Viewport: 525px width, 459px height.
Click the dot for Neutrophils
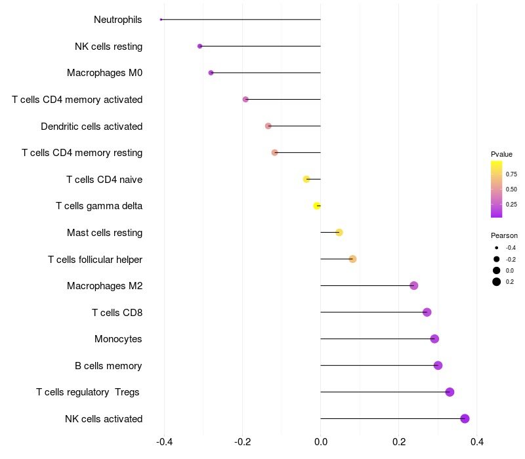pos(161,20)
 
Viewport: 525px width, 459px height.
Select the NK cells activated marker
pos(465,418)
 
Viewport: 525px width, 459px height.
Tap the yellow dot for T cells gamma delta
pos(317,206)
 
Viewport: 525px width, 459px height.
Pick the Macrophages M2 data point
pos(414,286)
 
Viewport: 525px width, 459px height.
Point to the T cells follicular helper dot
pos(352,259)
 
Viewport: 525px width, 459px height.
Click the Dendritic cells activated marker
pos(268,126)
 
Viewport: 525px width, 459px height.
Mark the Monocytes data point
pos(434,339)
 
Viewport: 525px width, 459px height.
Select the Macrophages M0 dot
pos(211,73)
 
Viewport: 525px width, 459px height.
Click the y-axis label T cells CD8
pos(117,313)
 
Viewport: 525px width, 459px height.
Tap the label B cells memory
pos(108,366)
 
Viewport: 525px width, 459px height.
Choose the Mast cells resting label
pos(105,233)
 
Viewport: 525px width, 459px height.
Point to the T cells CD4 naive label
pos(104,179)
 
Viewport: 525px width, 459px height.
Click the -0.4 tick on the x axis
pos(165,442)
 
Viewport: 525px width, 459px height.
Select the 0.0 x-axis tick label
pos(321,442)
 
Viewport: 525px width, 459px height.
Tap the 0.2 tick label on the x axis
pos(399,442)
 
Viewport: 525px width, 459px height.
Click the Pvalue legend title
pos(501,154)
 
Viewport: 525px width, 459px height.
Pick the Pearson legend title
pos(504,235)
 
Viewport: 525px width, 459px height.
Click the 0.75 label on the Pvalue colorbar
pos(511,174)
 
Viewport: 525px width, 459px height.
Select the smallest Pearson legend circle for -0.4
pos(497,248)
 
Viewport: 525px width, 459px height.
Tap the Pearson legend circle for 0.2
pos(497,282)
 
